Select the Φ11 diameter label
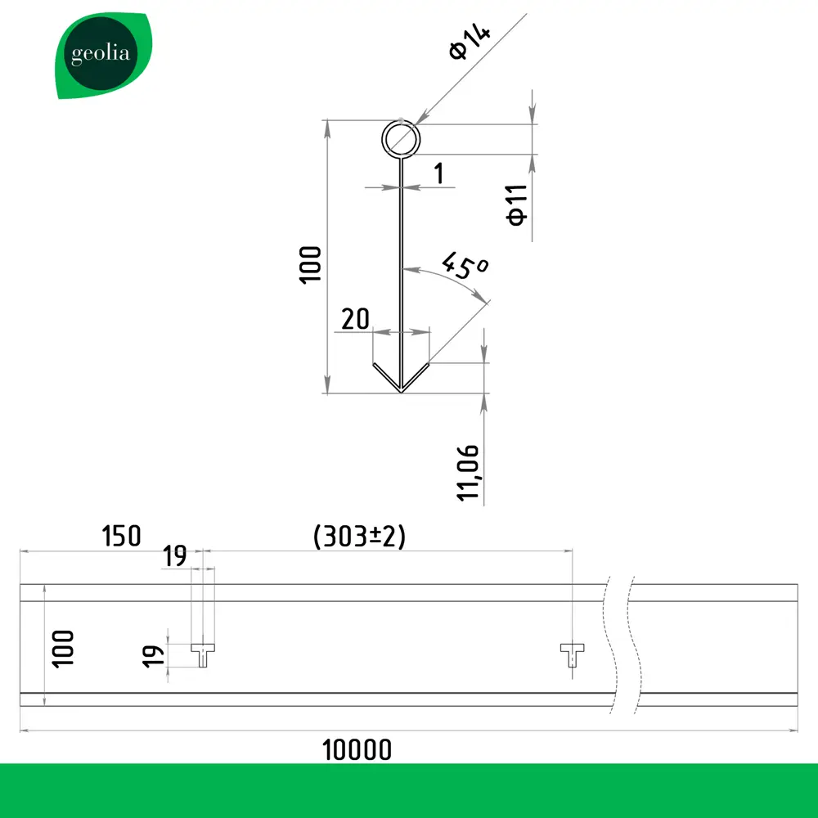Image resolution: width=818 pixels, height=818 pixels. coord(516,204)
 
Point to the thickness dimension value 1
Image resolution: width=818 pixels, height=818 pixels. coord(439,173)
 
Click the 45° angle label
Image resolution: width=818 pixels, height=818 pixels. coord(464,267)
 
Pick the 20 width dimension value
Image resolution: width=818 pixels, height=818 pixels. coord(356,319)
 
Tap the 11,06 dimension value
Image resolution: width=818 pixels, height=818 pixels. coord(468,473)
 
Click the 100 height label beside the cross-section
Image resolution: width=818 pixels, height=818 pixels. coord(311,263)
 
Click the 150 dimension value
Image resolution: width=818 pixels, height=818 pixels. coord(121,536)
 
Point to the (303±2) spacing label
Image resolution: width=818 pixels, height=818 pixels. coord(360,537)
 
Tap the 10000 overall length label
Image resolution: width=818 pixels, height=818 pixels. coord(357,748)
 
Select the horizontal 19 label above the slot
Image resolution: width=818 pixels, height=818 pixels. coord(174,557)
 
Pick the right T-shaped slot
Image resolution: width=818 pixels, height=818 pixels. coord(572,654)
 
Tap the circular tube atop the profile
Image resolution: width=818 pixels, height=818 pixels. coord(401,139)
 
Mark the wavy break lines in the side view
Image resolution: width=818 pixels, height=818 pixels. coord(618,646)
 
